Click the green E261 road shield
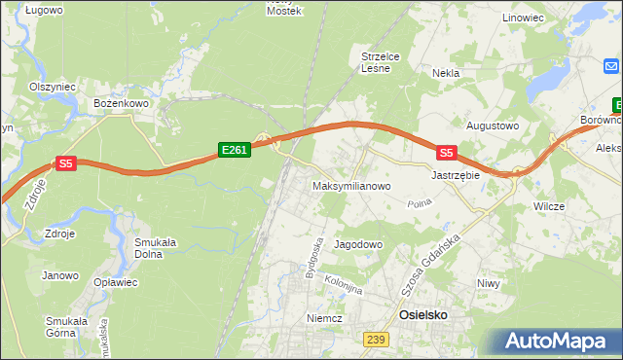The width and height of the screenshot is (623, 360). click(235, 150)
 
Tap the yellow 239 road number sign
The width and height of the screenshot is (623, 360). click(376, 339)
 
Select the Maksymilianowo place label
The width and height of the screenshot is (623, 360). click(351, 185)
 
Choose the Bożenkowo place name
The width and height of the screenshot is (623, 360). click(120, 101)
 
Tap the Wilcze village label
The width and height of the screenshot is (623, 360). click(550, 207)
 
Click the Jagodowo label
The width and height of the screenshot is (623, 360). click(358, 244)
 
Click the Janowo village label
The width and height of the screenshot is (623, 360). click(59, 275)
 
